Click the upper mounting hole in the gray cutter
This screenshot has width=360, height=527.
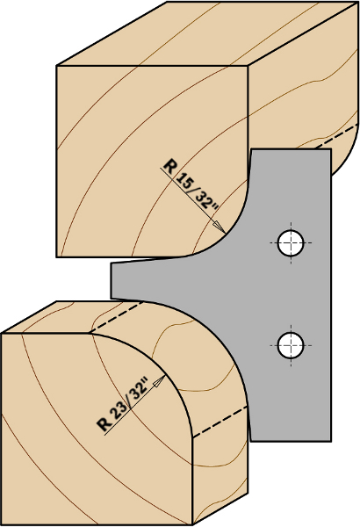click(x=291, y=242)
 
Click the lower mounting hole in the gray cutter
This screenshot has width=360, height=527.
click(x=291, y=345)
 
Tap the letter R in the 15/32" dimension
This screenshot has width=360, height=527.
click(x=169, y=166)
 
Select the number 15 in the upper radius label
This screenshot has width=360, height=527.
click(x=184, y=181)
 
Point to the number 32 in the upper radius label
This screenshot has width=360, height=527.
click(x=205, y=202)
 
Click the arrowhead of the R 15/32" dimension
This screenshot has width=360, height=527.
click(x=220, y=227)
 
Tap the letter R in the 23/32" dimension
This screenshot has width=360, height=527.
click(x=104, y=425)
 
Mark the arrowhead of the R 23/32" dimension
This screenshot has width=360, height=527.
click(x=159, y=381)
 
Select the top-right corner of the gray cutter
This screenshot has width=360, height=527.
click(x=331, y=149)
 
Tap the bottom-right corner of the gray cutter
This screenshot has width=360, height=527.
click(x=331, y=441)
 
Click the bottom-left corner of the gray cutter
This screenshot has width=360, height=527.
click(x=251, y=441)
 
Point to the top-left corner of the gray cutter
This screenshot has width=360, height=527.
click(x=251, y=149)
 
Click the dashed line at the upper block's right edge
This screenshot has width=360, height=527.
click(x=336, y=136)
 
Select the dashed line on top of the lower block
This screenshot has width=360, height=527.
click(x=117, y=317)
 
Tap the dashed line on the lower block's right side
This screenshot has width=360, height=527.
click(x=220, y=422)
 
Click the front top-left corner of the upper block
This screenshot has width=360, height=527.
click(x=56, y=66)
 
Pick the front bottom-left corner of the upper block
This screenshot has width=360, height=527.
click(x=56, y=257)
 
